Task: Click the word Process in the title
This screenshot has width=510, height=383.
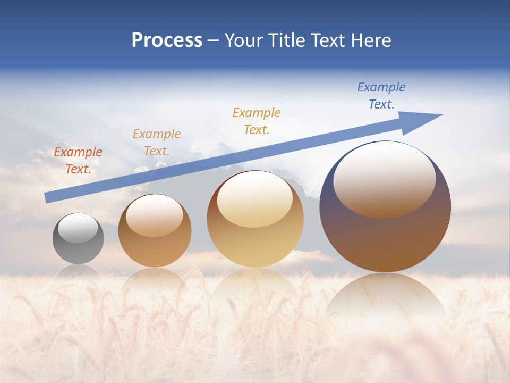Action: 167,40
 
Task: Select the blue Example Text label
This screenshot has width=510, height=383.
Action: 381,96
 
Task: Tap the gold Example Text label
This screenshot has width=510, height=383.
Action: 257,121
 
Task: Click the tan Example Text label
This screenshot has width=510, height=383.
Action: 157,142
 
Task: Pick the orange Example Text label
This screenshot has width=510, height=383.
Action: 78,160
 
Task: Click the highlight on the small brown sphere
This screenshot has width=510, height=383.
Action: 155,215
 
